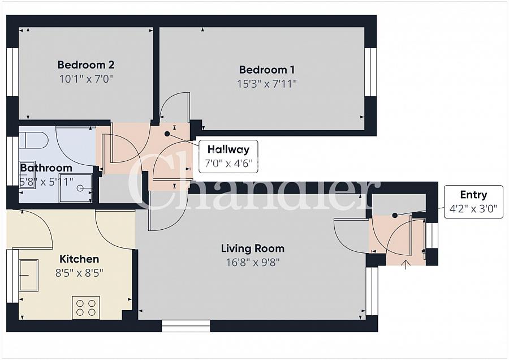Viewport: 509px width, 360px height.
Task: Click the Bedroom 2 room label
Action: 87,65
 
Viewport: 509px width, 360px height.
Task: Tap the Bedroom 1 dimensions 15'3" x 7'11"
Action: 267,84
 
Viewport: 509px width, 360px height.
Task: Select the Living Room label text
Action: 252,248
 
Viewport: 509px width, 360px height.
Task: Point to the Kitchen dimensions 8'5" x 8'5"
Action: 79,272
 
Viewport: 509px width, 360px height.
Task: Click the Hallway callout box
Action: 228,157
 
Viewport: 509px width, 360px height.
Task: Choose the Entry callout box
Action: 473,201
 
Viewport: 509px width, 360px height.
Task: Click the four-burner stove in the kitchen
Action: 86,307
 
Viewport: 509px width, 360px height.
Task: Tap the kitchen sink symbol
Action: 28,275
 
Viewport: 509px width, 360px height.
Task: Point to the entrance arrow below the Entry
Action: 406,264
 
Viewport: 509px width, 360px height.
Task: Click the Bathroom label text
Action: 46,168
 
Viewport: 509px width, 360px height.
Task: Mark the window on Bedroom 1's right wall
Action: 370,72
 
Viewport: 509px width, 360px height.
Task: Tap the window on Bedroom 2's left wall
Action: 12,72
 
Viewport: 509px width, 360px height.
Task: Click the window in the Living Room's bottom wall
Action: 186,325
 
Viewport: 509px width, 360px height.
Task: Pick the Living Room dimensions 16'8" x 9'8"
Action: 252,262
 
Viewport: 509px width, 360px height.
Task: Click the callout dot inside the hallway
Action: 167,134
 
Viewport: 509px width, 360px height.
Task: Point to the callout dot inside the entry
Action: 394,215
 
